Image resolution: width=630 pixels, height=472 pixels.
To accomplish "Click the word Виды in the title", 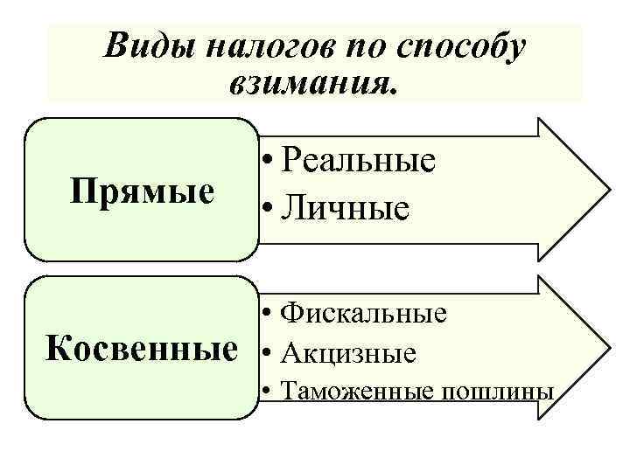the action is [x=150, y=46].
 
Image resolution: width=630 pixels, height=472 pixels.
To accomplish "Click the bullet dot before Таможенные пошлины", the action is [x=266, y=391].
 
